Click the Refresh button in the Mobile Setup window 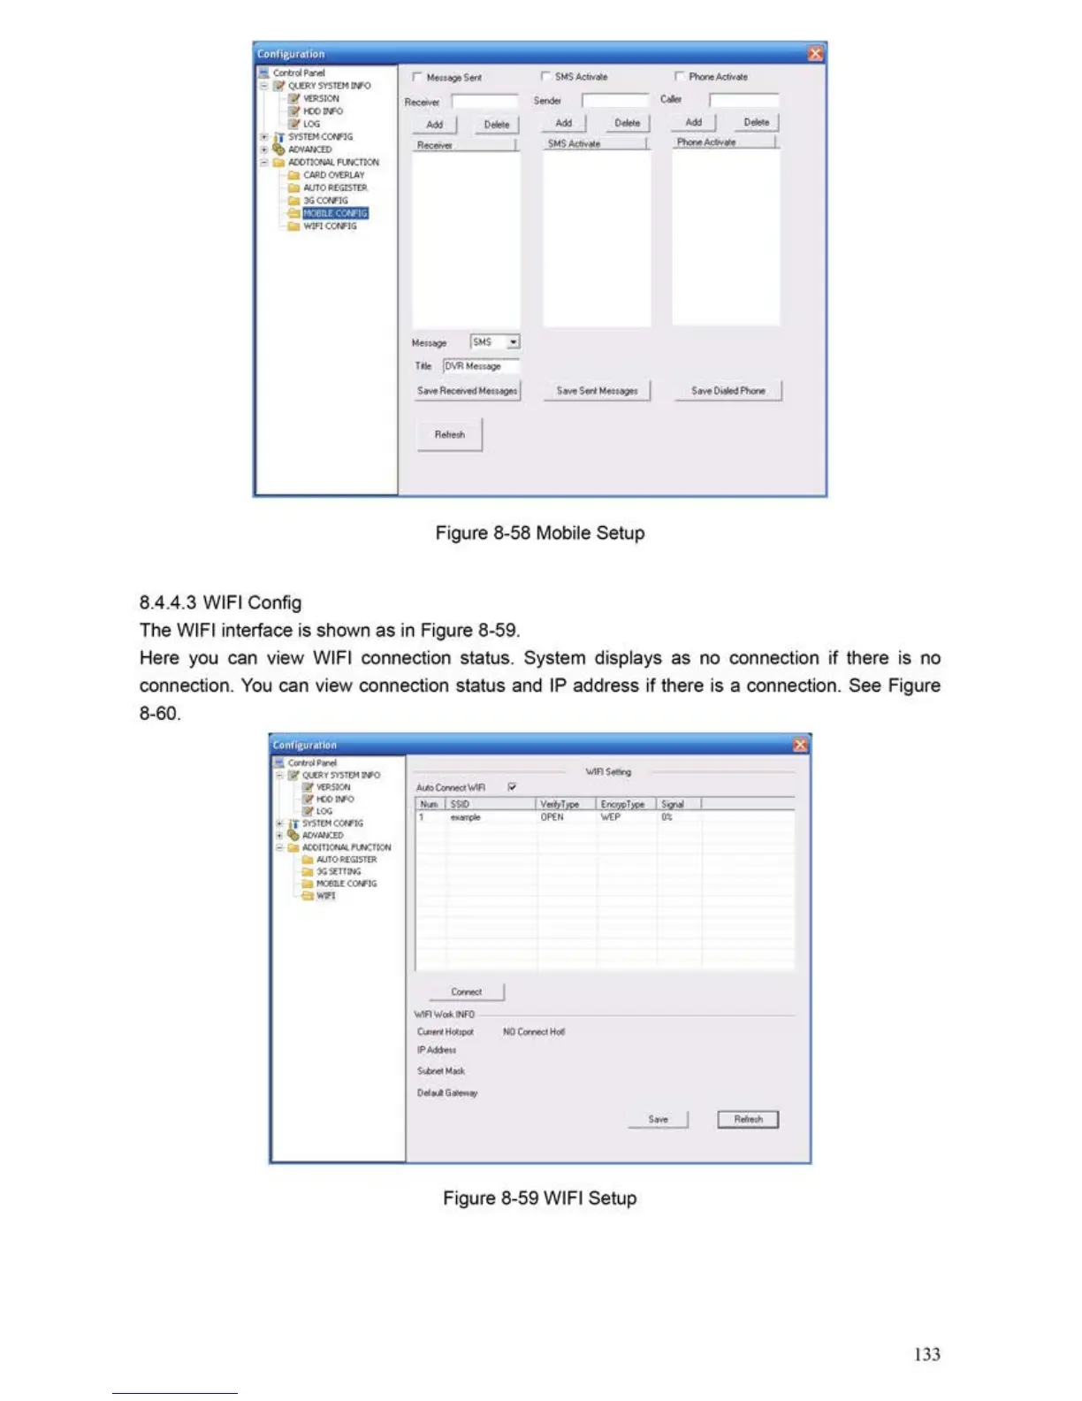tap(449, 434)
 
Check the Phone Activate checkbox tap(680, 77)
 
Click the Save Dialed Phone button tap(728, 391)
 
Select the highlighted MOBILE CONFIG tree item tap(335, 213)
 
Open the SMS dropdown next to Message tap(514, 342)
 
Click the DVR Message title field tap(480, 366)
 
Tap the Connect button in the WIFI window tap(466, 991)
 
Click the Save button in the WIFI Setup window tap(658, 1119)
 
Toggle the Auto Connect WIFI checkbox tap(512, 787)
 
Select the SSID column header tap(491, 804)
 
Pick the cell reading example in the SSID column tap(466, 817)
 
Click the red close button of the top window tap(815, 54)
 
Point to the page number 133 tap(926, 1354)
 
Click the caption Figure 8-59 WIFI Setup tap(539, 1198)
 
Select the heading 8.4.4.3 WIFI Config tap(220, 602)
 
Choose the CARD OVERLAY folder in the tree tap(333, 175)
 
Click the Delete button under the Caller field tap(756, 122)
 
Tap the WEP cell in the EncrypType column tap(610, 817)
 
